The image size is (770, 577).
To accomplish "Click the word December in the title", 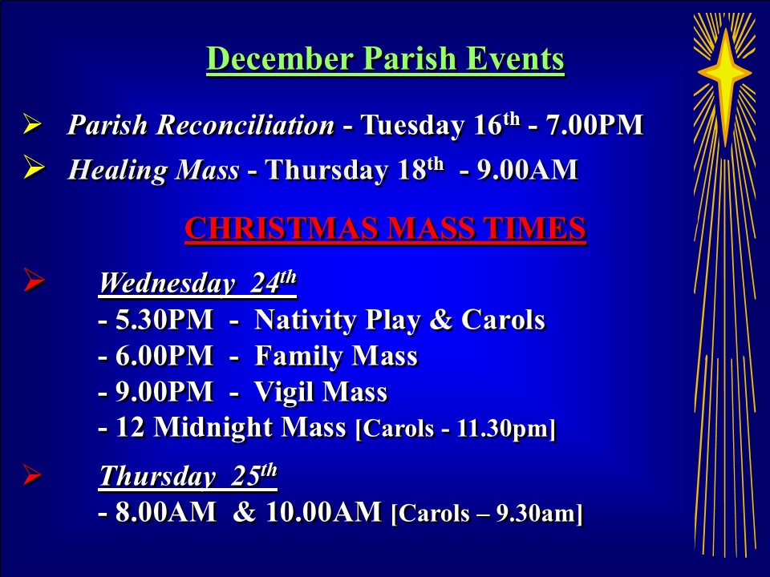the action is pos(279,59).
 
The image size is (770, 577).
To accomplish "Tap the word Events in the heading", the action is pos(515,59).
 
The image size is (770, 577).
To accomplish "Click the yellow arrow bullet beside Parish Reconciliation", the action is pos(33,123).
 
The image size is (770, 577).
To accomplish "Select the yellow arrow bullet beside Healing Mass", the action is pos(33,167).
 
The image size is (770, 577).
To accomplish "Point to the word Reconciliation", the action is pos(245,125).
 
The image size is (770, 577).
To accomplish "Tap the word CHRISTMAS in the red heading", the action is pos(282,228).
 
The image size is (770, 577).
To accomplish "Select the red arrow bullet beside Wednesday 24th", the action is pos(34,280).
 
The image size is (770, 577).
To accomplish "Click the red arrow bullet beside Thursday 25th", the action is pos(32,474).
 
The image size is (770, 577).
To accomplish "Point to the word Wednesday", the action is pos(167,283).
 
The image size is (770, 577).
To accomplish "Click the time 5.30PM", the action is pos(164,320).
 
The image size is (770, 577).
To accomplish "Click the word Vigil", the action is pos(284,393).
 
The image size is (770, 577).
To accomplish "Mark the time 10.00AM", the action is pos(323,512).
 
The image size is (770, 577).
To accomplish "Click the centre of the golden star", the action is pos(725,74).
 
